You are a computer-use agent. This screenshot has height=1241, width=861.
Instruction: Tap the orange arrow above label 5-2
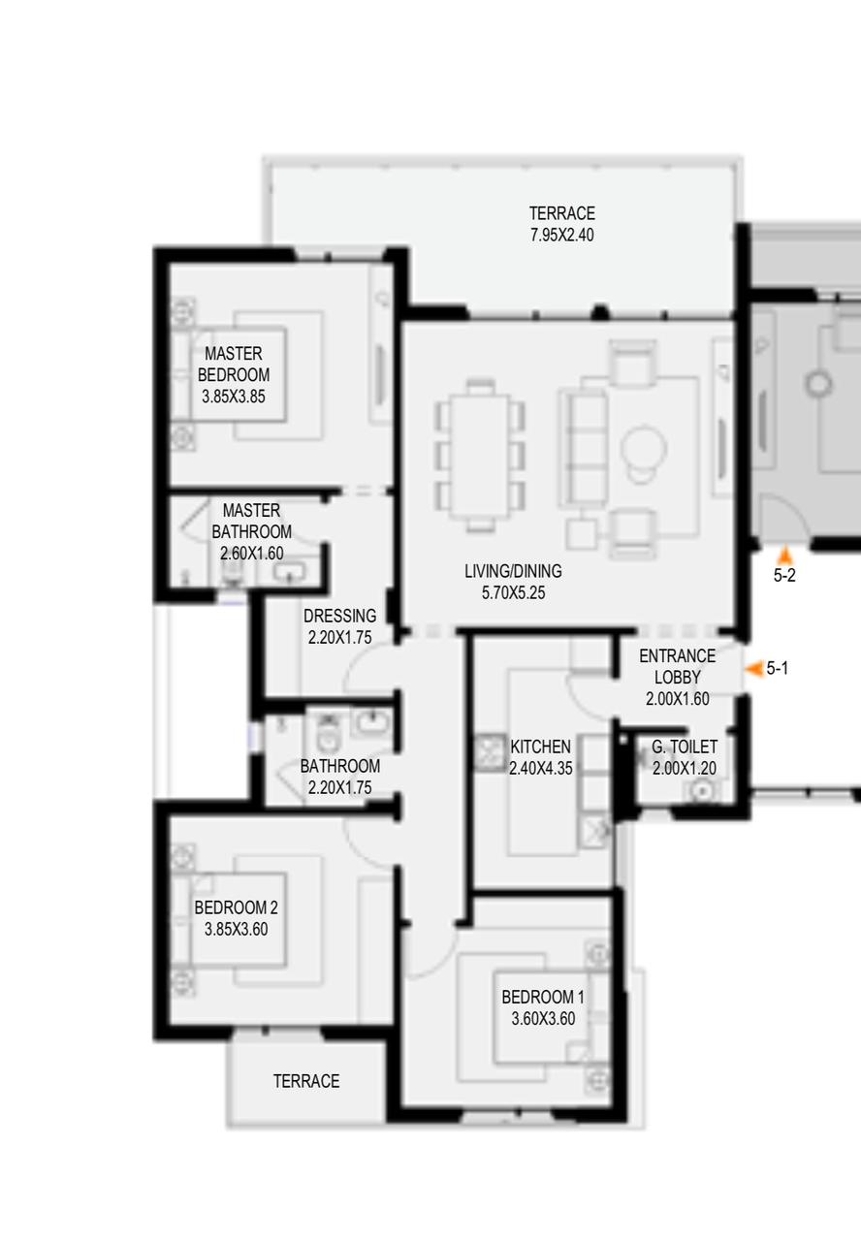pyautogui.click(x=785, y=556)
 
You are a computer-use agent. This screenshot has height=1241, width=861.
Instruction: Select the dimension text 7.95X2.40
pyautogui.click(x=561, y=235)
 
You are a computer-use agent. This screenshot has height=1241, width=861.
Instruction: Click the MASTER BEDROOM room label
pyautogui.click(x=234, y=364)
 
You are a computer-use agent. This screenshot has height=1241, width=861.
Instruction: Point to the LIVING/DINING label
pyautogui.click(x=513, y=571)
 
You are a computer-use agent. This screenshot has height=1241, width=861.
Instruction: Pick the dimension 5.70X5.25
pyautogui.click(x=513, y=592)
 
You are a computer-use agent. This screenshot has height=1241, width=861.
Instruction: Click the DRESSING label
pyautogui.click(x=339, y=616)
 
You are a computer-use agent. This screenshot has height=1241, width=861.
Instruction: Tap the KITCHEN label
pyautogui.click(x=540, y=747)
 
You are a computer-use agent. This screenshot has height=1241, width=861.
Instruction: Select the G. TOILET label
pyautogui.click(x=685, y=747)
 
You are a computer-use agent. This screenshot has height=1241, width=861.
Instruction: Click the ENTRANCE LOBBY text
pyautogui.click(x=677, y=666)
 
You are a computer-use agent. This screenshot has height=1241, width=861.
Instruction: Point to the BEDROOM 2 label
pyautogui.click(x=236, y=907)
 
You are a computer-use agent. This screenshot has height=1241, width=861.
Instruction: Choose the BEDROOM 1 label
pyautogui.click(x=543, y=998)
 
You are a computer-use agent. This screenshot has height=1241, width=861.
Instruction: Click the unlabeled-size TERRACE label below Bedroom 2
pyautogui.click(x=306, y=1081)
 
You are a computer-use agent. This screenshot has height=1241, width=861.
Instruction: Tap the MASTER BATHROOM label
pyautogui.click(x=251, y=521)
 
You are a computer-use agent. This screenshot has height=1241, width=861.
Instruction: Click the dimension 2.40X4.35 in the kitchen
pyautogui.click(x=540, y=769)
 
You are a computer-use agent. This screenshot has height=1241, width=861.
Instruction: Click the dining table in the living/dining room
pyautogui.click(x=480, y=456)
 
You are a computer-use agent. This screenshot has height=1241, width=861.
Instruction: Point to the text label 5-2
pyautogui.click(x=784, y=576)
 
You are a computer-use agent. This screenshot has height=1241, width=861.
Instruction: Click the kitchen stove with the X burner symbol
pyautogui.click(x=488, y=751)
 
